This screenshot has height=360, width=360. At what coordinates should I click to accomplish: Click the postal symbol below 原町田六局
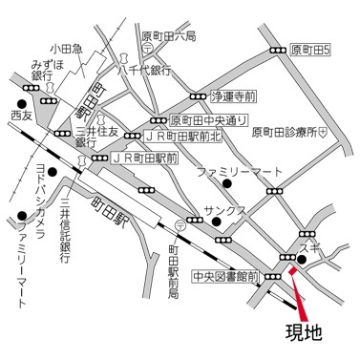click(x=144, y=49)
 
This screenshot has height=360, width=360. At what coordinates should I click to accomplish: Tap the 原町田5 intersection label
click(x=311, y=49)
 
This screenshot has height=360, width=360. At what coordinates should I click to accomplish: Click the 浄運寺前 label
click(x=235, y=96)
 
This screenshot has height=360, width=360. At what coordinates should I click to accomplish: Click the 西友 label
click(x=22, y=115)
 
